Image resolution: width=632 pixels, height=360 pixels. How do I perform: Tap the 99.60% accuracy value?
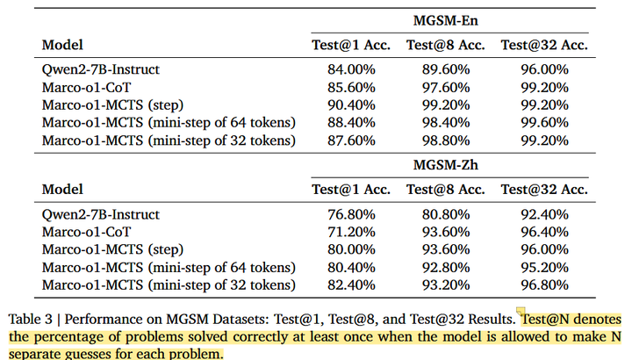point(544,122)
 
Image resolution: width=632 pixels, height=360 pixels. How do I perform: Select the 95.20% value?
point(544,267)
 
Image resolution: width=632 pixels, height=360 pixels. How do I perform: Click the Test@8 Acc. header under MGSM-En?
point(444,44)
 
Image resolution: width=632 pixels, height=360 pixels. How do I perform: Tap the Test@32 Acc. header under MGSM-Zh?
point(544,190)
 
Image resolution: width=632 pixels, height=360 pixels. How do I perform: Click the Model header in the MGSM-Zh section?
point(62,190)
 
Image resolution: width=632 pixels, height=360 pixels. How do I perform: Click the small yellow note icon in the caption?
point(521,312)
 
